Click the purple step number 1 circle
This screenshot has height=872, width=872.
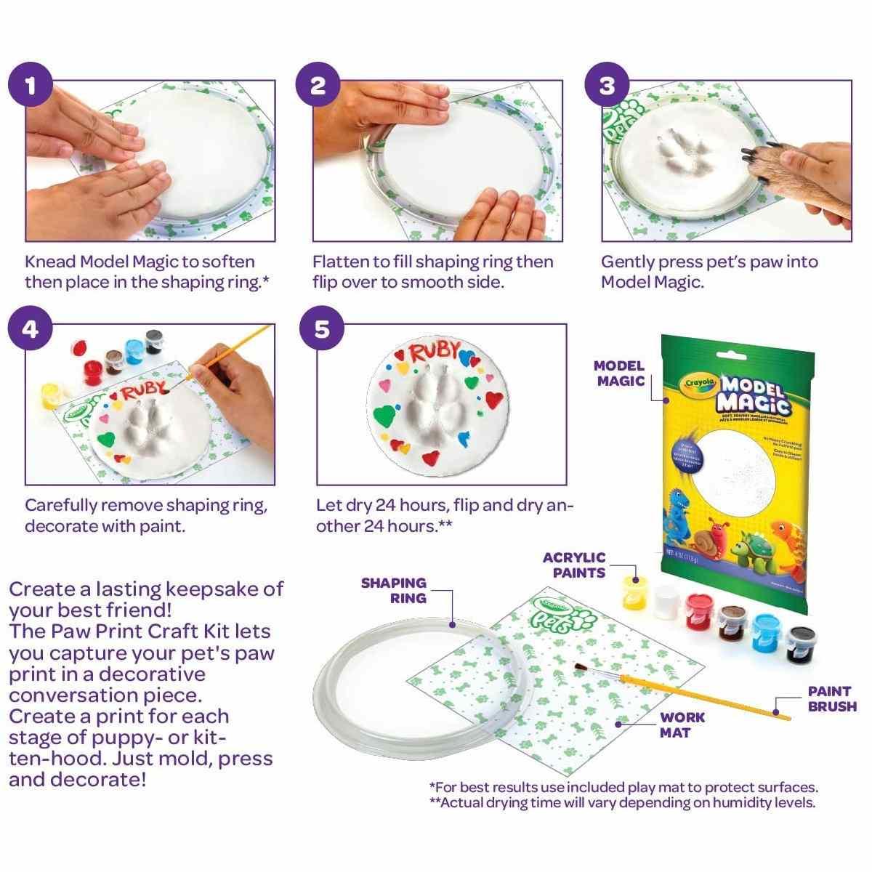coord(30,86)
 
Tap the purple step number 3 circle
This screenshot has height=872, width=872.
coord(607,86)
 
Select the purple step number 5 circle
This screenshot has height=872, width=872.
coord(320,328)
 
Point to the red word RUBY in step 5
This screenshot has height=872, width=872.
coord(435,354)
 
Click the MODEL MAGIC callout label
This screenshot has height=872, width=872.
coord(619,373)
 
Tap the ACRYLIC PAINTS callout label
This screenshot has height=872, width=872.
coord(574,565)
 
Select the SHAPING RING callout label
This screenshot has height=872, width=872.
coord(393,589)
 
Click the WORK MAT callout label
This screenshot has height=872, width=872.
coord(682,724)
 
